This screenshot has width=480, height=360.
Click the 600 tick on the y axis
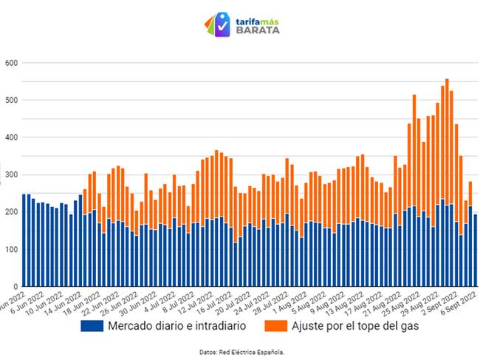9,63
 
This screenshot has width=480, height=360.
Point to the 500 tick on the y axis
9,100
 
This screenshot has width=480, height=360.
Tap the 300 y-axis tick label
9,174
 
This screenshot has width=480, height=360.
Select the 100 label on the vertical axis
9,249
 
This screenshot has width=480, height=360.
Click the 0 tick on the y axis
14,286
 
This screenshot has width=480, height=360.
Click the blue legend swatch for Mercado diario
91,326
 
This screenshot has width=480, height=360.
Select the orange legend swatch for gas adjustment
265,326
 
